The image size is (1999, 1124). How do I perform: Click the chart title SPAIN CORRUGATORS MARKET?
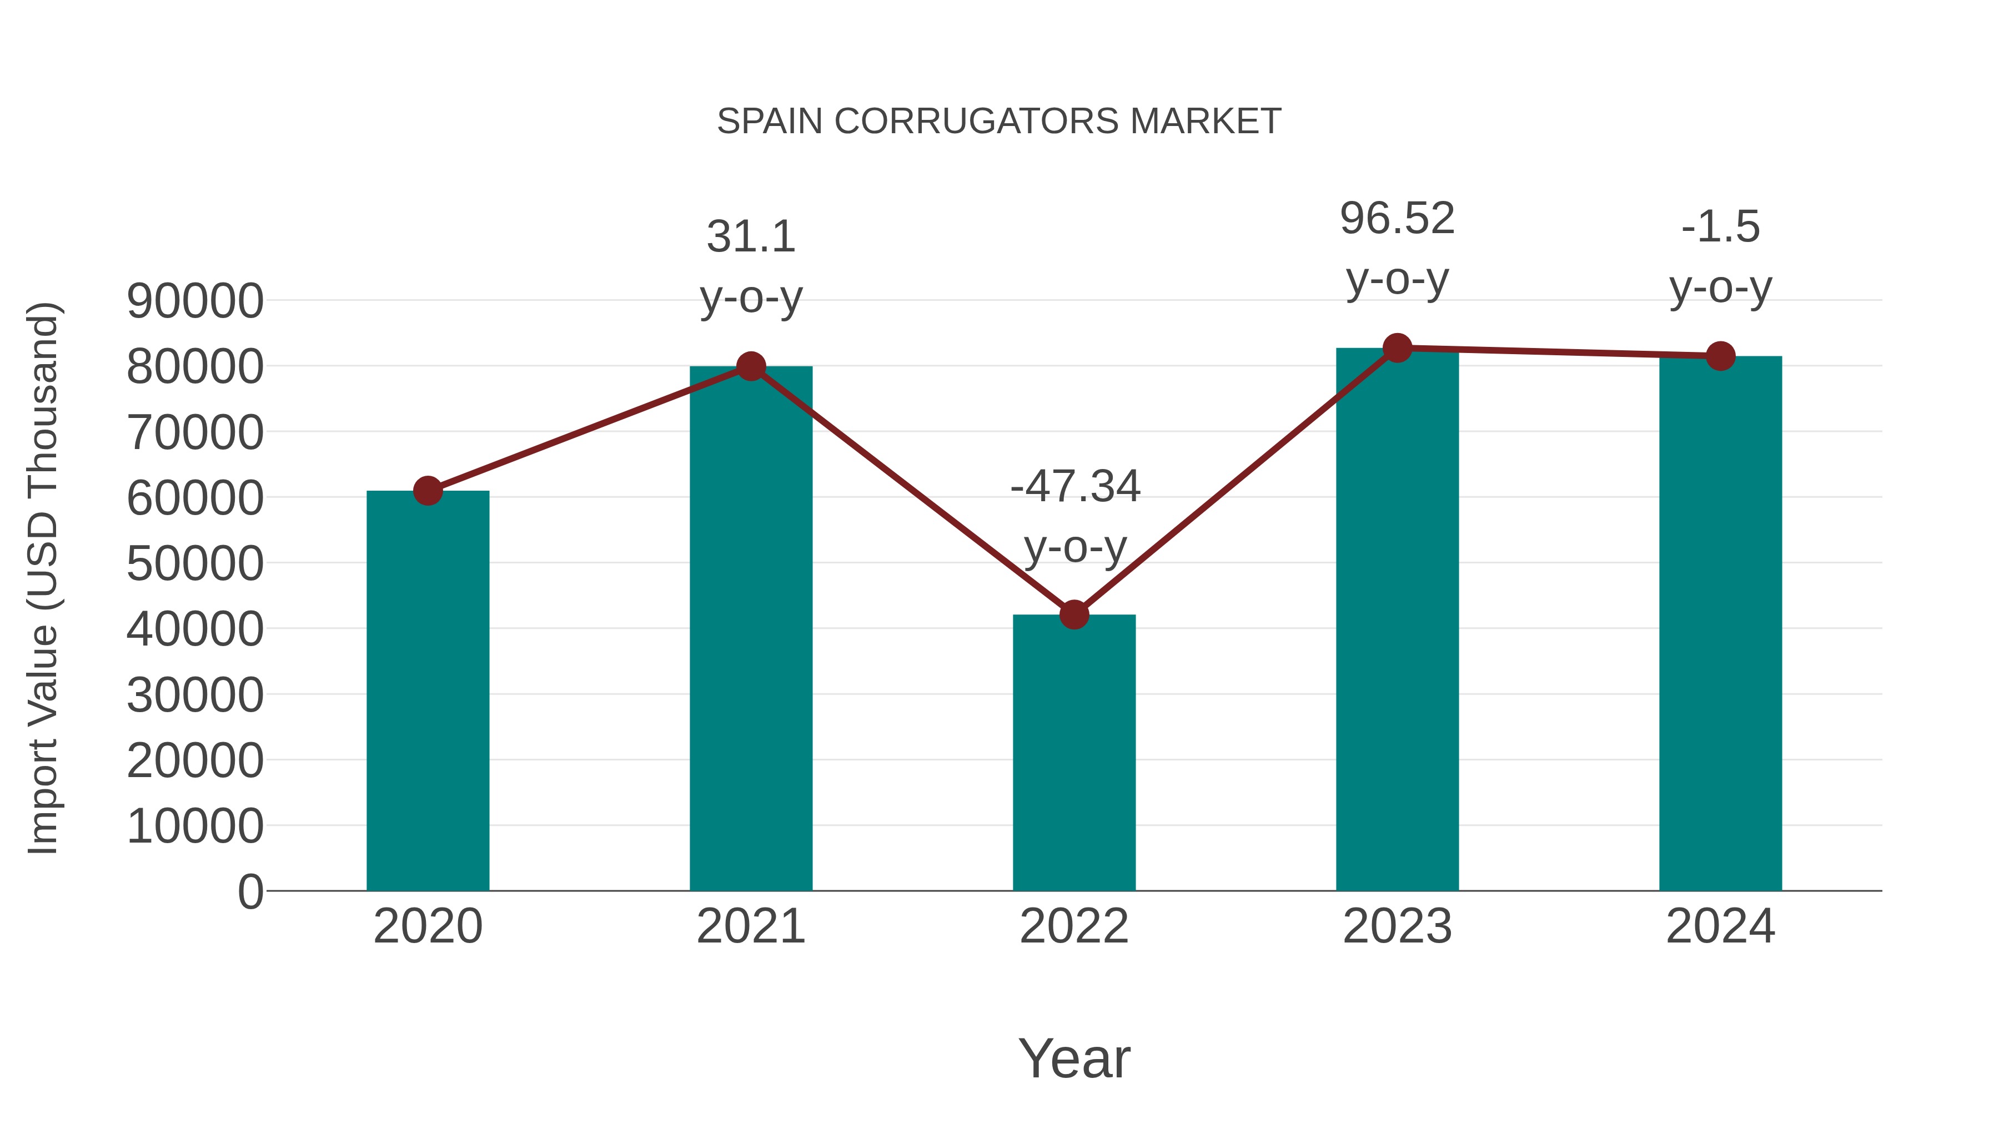click(999, 122)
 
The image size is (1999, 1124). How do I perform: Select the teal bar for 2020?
click(428, 690)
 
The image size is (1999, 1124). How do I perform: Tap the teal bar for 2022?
click(1074, 753)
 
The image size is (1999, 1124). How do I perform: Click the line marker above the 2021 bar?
click(750, 366)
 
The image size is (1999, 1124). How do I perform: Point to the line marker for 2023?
click(1397, 348)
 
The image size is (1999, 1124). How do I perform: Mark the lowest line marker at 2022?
click(1074, 614)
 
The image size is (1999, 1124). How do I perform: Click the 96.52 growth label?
click(1397, 218)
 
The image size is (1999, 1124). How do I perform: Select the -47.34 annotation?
click(1075, 486)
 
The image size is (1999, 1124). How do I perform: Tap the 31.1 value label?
click(750, 236)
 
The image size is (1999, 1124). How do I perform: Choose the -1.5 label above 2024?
click(1720, 226)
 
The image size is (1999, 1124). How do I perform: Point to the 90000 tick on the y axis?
click(195, 301)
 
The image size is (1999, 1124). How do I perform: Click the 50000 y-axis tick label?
click(195, 564)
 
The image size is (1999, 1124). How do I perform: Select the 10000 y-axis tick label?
click(195, 826)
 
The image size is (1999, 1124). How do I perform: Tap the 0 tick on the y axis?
click(250, 892)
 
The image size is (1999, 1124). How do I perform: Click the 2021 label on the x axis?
click(750, 926)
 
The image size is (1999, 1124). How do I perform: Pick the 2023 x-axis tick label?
click(1397, 926)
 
